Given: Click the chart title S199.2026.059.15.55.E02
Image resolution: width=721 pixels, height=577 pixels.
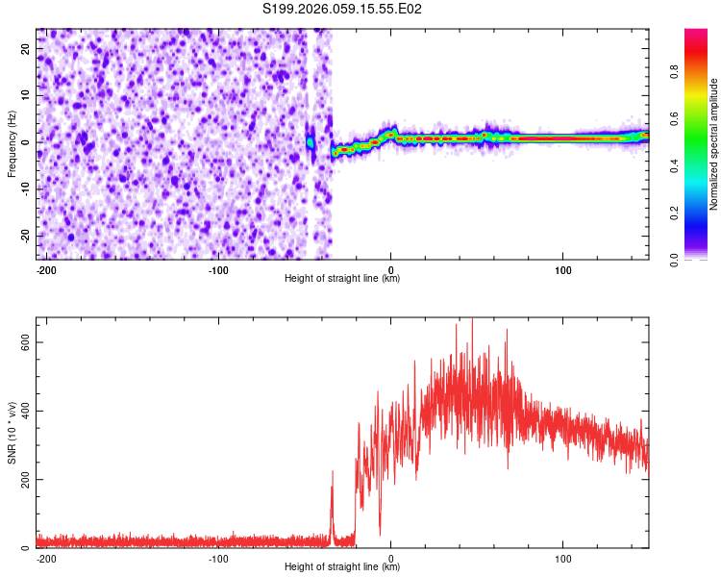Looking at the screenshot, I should click(x=343, y=10).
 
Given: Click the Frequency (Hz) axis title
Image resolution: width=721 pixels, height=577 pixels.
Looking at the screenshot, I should click(x=12, y=143).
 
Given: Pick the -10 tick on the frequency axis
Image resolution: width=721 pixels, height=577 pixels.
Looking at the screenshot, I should click(x=24, y=189).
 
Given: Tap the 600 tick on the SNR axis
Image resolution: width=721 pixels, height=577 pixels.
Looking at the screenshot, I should click(x=21, y=343).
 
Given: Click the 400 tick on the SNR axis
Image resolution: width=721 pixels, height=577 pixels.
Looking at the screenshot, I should click(x=21, y=412).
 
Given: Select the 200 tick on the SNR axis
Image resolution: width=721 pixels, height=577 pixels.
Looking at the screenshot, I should click(x=21, y=480).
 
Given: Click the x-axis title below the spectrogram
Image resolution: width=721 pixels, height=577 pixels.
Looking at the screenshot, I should click(x=342, y=279).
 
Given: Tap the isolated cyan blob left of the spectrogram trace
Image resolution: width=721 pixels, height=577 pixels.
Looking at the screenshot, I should click(x=311, y=142).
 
